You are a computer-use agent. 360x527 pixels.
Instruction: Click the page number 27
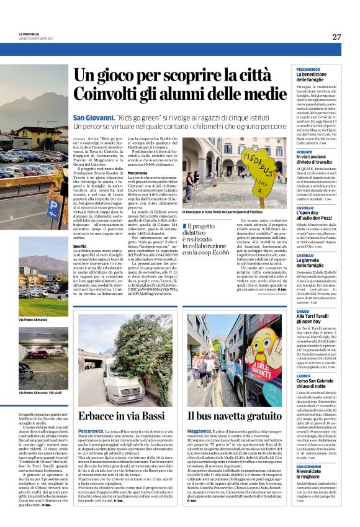pyautogui.click(x=336, y=37)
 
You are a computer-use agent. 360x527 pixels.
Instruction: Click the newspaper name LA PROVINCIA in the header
pyautogui.click(x=29, y=34)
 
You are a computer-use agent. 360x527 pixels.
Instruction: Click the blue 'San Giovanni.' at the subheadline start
pyautogui.click(x=93, y=117)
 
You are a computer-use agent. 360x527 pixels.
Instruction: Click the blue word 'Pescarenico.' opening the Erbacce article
pyautogui.click(x=91, y=430)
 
